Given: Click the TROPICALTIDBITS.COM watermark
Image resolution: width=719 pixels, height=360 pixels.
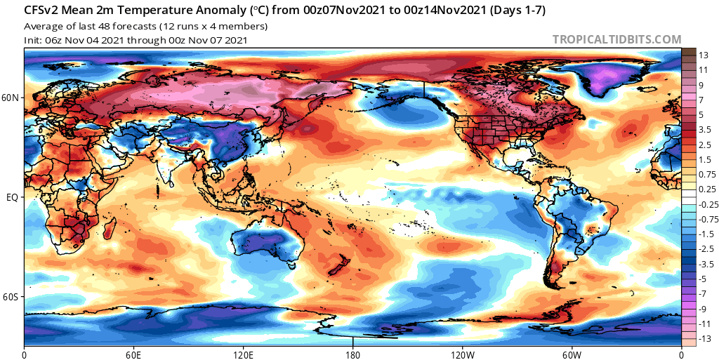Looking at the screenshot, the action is [616, 39].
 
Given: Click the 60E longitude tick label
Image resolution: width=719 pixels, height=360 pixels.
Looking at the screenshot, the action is [133, 354].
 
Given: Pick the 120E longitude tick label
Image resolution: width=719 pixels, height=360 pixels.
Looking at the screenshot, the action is [243, 354].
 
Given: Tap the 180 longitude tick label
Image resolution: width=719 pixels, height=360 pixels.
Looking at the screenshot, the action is [352, 354].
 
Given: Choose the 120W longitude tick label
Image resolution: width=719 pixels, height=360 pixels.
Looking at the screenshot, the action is [462, 354].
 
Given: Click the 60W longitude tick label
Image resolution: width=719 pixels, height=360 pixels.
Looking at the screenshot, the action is [572, 354].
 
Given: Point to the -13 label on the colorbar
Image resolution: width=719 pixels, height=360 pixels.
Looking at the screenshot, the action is [703, 340].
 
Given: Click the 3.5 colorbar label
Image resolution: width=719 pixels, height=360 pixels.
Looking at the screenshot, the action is [704, 130].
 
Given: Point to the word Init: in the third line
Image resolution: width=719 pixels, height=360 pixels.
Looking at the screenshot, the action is [33, 40].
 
